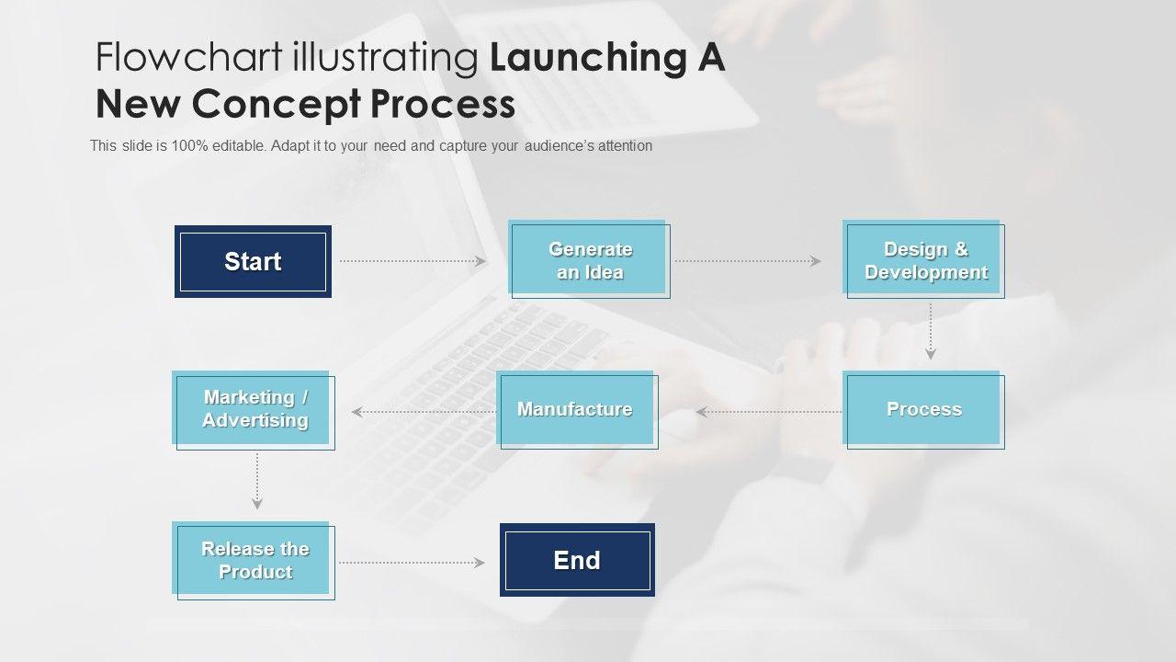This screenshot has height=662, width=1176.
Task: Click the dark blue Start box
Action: (253, 261)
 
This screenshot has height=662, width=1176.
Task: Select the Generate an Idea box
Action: (590, 260)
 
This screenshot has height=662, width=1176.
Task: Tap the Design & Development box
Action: (924, 260)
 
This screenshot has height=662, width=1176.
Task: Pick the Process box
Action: (924, 410)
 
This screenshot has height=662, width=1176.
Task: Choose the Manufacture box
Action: (576, 410)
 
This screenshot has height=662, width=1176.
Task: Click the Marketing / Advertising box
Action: (254, 410)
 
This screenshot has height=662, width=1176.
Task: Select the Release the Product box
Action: (254, 561)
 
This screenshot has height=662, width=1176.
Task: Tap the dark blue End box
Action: (577, 561)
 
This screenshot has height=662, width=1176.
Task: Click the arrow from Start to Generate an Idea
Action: (413, 261)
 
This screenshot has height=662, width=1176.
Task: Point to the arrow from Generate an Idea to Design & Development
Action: (747, 261)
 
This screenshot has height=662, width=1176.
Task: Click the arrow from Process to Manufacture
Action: (769, 412)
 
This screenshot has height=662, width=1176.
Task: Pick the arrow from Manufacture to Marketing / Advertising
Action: (424, 412)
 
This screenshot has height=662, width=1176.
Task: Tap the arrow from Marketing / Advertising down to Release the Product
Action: (257, 481)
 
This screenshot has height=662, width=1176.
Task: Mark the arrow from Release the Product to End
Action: (412, 563)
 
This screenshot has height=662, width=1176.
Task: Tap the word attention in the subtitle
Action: (622, 145)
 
